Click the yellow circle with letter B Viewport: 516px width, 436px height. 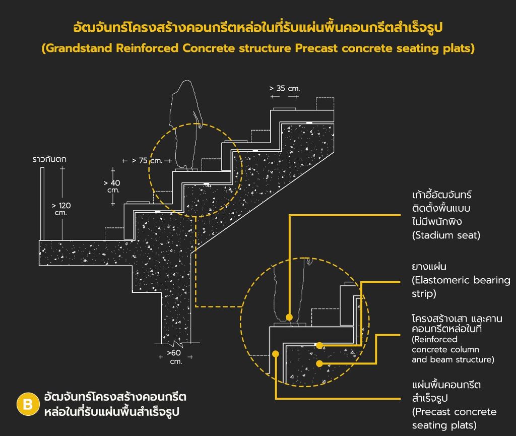coord(28,404)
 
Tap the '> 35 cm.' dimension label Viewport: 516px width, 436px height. coord(285,88)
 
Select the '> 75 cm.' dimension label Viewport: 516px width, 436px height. coord(147,161)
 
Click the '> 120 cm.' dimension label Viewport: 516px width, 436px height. coord(61,209)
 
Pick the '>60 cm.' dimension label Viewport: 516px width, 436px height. coord(174,357)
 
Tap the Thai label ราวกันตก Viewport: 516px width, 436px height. coord(49,159)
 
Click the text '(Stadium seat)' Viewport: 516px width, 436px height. coord(446,235)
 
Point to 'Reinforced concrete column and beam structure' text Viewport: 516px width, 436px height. coord(453,349)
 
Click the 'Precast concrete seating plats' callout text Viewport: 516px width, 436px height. coord(454,418)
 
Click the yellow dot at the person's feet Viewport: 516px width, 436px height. coord(289,317)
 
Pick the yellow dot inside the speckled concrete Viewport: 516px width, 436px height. coord(319,363)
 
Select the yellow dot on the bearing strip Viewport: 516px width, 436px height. coord(319,345)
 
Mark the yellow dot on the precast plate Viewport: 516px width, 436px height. coord(276,354)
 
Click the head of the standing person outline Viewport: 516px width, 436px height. coord(186,87)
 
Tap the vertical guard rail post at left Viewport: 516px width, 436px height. coord(42,204)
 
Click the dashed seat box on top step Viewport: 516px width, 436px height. coord(325,104)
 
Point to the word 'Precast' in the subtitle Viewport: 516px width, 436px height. coord(316,48)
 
